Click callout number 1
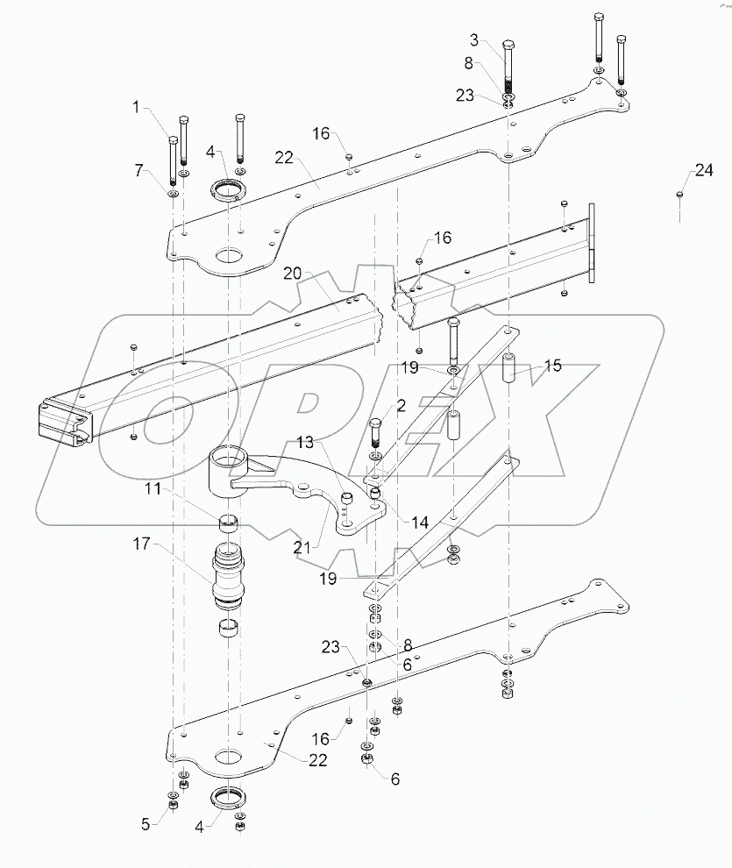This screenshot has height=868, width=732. (137, 107)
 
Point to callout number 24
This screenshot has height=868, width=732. (705, 172)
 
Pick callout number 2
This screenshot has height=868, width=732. (400, 405)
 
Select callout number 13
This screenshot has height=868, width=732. (303, 441)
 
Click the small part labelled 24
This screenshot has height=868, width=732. (679, 195)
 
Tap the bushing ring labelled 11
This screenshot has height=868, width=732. (230, 523)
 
